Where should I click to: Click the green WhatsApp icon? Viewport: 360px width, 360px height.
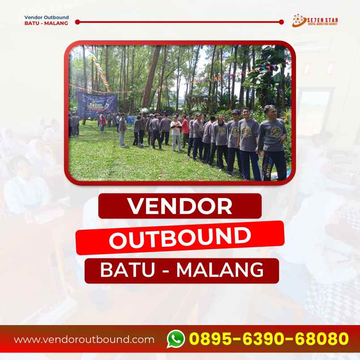click(176, 339)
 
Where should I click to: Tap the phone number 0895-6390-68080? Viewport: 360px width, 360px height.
click(269, 339)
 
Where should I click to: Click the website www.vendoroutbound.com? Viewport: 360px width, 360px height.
click(84, 339)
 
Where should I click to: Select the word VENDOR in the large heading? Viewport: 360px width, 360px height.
click(180, 206)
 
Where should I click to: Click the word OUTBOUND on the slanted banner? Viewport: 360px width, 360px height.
click(180, 238)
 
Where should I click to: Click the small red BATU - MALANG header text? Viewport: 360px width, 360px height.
click(47, 24)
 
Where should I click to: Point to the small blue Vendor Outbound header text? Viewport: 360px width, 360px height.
click(47, 17)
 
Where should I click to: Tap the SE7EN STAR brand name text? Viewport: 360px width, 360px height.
click(321, 19)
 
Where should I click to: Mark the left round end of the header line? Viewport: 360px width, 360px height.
click(77, 21)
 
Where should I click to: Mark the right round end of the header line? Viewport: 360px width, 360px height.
click(281, 21)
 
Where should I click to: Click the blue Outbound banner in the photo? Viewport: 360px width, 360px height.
click(97, 104)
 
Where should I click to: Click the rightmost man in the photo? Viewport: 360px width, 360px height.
click(272, 141)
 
